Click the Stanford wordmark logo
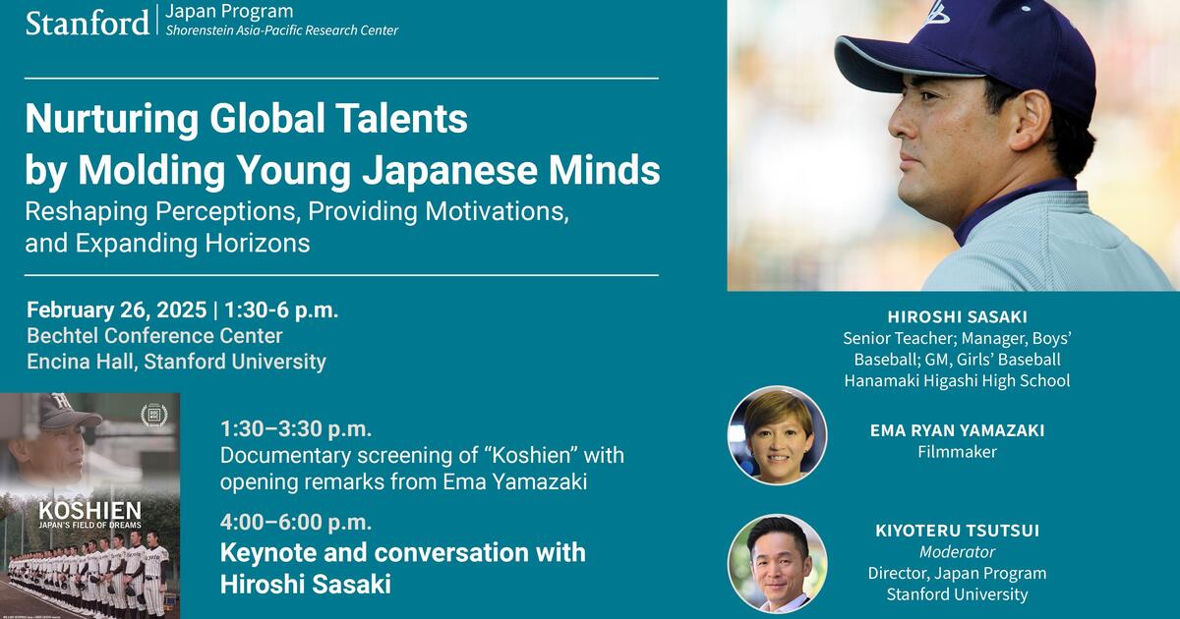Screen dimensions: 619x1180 pyautogui.click(x=87, y=23)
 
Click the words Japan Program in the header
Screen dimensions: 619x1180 pyautogui.click(x=229, y=12)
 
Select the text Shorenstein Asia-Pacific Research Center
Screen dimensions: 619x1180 pyautogui.click(x=281, y=30)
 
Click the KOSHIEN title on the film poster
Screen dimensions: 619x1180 pyautogui.click(x=89, y=510)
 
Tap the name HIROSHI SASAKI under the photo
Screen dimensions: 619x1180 pyautogui.click(x=957, y=316)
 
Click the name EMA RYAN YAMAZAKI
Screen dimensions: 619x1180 pyautogui.click(x=957, y=430)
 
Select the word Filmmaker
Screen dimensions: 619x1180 pyautogui.click(x=957, y=452)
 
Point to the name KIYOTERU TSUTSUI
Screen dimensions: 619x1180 pyautogui.click(x=957, y=531)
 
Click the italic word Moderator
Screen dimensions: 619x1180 pyautogui.click(x=957, y=552)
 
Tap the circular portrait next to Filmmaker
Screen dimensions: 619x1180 pyautogui.click(x=777, y=435)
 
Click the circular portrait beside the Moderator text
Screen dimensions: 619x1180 pyautogui.click(x=777, y=564)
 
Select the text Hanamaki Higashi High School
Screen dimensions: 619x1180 pyautogui.click(x=957, y=380)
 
